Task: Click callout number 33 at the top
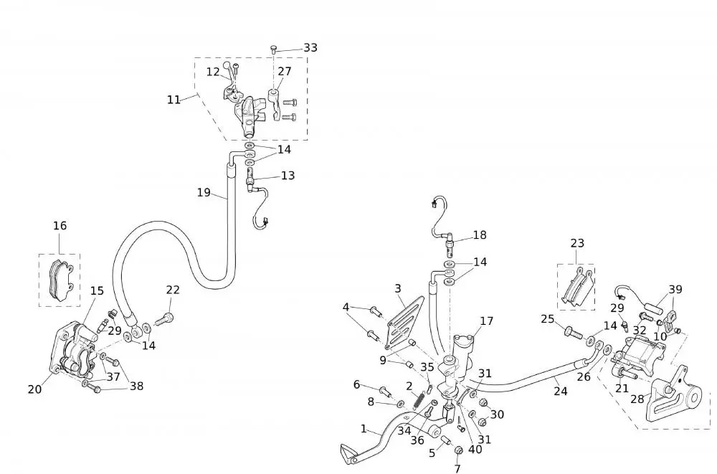310,47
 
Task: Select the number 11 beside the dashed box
174,100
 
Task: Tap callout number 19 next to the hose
204,192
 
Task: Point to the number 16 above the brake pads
60,226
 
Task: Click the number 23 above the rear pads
577,243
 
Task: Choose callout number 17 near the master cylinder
487,321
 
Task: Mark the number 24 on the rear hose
560,392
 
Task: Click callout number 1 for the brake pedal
364,430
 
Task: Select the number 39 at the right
675,290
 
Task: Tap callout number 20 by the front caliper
34,389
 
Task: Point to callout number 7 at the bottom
457,469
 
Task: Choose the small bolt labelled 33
273,49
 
